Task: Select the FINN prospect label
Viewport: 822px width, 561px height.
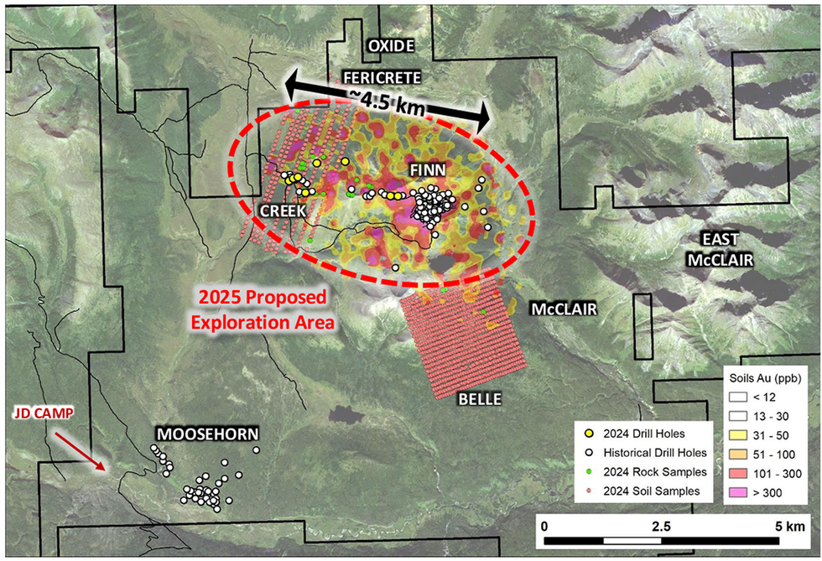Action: [x=427, y=170]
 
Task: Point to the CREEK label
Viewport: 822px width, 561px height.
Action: [x=281, y=211]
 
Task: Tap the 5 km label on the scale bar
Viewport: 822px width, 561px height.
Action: [x=789, y=527]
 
